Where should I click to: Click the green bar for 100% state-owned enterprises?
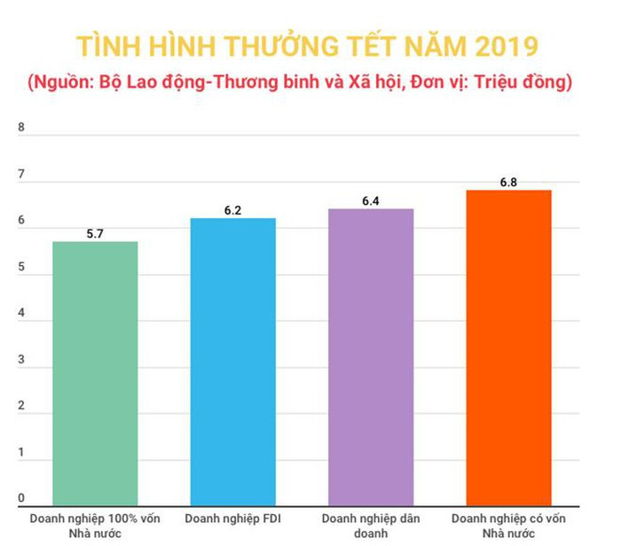click(x=95, y=373)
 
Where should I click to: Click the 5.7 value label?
click(x=96, y=234)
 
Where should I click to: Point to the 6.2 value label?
click(x=233, y=211)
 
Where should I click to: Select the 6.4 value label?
click(x=371, y=201)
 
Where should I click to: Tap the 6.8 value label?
click(x=508, y=183)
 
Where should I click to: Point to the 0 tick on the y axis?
click(x=21, y=498)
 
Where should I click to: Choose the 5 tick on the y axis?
click(x=21, y=268)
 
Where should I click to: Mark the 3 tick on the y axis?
click(x=21, y=360)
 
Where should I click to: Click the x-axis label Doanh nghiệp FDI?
click(x=232, y=518)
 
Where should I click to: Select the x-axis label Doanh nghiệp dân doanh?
click(x=371, y=525)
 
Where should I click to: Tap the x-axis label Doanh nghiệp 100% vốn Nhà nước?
click(x=95, y=525)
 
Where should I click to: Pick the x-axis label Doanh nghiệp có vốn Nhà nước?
click(x=508, y=525)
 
